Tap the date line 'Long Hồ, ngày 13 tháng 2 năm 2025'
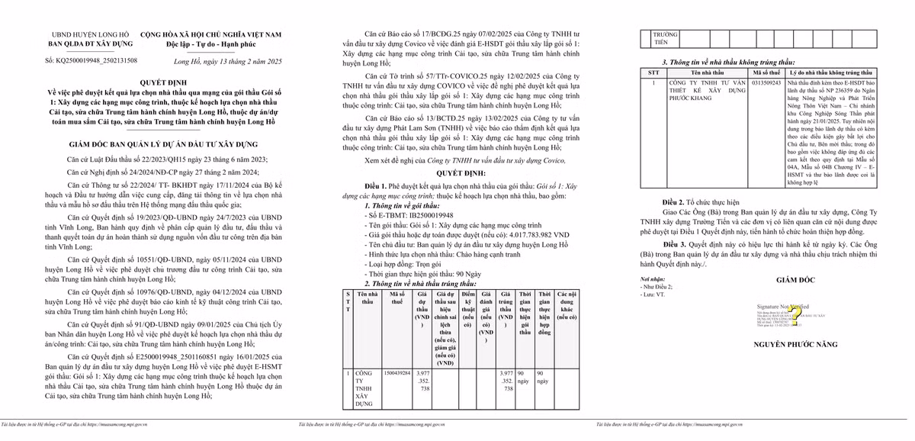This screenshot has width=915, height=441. click(x=228, y=60)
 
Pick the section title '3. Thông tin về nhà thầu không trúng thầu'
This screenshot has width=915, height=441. click(x=728, y=62)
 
